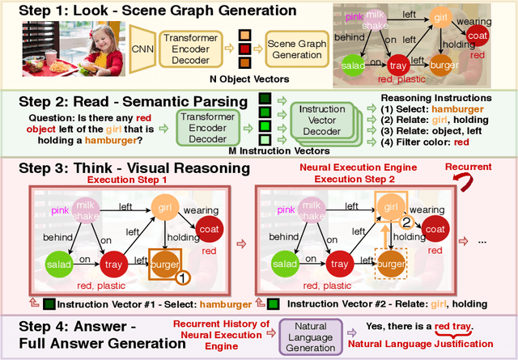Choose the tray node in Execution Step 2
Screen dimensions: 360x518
[340, 264]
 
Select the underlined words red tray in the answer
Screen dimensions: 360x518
[455, 327]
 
